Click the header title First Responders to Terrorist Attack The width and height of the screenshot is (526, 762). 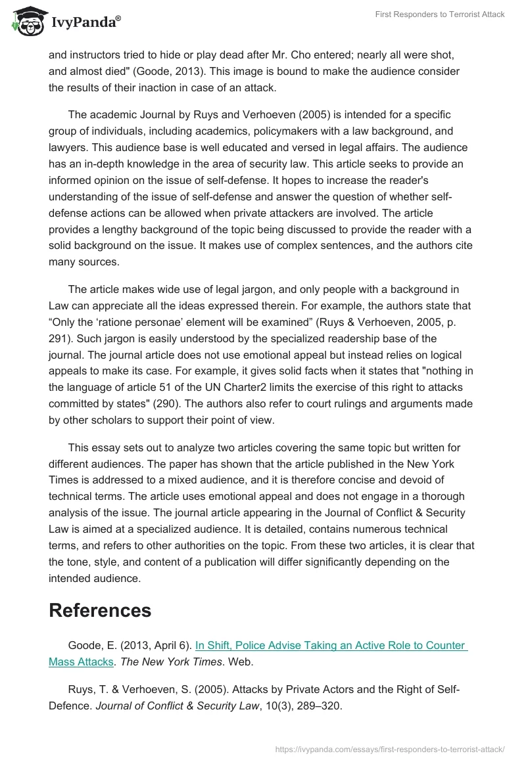439,14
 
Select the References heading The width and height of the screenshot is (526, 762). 100,610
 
